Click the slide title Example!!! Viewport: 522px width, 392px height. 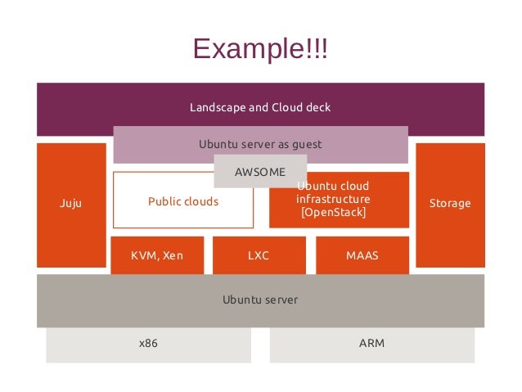point(260,48)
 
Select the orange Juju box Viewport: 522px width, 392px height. point(71,205)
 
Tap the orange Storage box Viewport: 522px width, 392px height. point(450,205)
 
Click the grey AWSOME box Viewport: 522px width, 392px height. point(260,171)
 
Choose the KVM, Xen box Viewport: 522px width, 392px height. point(157,255)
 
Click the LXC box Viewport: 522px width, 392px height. point(259,255)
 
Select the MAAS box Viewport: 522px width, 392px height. point(362,255)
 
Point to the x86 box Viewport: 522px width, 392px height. point(148,345)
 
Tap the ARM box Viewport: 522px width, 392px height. point(372,345)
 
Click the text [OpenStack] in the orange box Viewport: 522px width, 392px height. point(333,212)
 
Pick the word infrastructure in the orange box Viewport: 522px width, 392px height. point(333,199)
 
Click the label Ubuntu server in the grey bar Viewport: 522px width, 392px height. point(260,300)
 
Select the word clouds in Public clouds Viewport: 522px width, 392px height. point(201,201)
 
